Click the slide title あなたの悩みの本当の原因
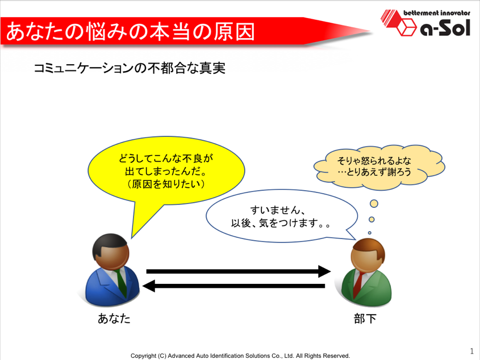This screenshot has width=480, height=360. [x=131, y=31]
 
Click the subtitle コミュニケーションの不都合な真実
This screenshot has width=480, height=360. [x=130, y=68]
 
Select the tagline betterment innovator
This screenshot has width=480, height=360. [x=437, y=13]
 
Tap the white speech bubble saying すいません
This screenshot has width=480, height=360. [x=282, y=216]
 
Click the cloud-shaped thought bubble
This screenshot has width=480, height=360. [x=379, y=167]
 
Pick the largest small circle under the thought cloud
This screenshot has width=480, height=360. [x=374, y=204]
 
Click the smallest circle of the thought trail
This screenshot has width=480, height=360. [x=369, y=233]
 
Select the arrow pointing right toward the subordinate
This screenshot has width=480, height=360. [x=239, y=271]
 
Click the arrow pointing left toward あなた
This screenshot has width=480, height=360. [x=234, y=286]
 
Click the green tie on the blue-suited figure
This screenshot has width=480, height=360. [x=121, y=282]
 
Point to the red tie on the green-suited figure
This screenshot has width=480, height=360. [x=357, y=284]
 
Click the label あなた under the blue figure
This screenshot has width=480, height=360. [x=114, y=319]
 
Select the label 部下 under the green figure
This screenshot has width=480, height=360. [x=365, y=319]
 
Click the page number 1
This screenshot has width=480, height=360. [x=471, y=351]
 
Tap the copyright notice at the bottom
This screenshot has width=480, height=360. [x=240, y=355]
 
